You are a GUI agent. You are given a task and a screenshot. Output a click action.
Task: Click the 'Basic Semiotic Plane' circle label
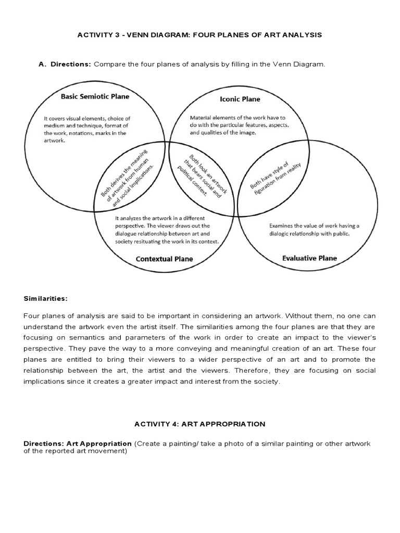tap(95, 96)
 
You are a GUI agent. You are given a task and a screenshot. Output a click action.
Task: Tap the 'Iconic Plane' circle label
tap(240, 99)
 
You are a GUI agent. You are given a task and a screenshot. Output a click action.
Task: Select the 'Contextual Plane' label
tap(164, 259)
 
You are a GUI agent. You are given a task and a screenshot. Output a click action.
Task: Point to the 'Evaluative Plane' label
tap(309, 258)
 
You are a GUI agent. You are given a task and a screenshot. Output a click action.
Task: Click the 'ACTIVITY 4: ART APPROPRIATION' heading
tap(199, 424)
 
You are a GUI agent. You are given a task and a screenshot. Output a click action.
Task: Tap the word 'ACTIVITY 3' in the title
tap(97, 35)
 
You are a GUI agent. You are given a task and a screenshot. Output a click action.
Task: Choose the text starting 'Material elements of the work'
tap(240, 125)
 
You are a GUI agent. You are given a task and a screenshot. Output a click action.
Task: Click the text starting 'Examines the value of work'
tap(314, 230)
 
